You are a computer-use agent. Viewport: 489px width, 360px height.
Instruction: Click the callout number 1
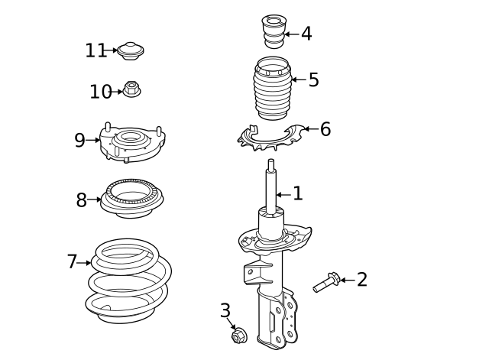tap(298, 194)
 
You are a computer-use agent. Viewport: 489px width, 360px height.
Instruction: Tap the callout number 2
tap(361, 280)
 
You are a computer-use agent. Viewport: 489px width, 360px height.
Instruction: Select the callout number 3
tap(225, 310)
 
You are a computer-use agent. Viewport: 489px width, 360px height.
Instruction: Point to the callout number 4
tap(306, 34)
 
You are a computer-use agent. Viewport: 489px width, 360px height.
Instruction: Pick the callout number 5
tap(313, 79)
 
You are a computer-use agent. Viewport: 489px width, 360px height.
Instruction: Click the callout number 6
tap(325, 129)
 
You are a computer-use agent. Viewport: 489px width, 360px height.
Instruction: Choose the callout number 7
tap(73, 262)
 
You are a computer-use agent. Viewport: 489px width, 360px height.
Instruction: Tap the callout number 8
tap(82, 200)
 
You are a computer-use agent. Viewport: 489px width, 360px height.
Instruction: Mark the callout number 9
tap(80, 141)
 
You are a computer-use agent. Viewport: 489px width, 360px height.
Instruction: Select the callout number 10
tap(100, 92)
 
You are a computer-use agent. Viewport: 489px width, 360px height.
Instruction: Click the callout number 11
tap(96, 50)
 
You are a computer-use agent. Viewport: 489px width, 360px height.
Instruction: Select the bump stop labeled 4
tap(274, 31)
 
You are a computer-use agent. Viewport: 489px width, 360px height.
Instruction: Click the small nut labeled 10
tap(132, 89)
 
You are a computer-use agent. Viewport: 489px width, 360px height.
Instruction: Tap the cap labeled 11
tap(131, 51)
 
